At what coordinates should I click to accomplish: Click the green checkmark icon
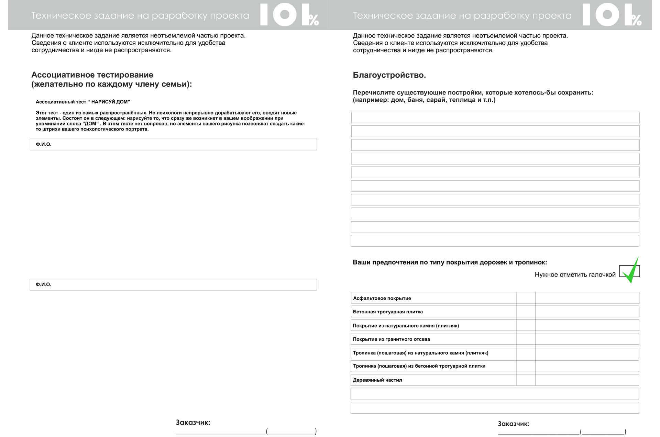(x=632, y=272)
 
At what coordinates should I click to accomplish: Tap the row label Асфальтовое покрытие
(x=382, y=298)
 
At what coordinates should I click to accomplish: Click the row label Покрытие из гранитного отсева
(x=391, y=339)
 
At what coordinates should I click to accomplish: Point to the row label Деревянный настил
(x=377, y=380)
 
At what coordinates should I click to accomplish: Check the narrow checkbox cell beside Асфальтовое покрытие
(x=526, y=298)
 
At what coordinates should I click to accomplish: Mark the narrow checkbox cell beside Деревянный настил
(x=526, y=380)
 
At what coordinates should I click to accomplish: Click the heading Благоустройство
(x=389, y=75)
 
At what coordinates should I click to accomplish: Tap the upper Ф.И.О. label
(x=44, y=144)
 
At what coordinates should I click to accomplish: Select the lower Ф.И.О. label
(x=44, y=284)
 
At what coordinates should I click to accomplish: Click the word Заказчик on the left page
(x=193, y=423)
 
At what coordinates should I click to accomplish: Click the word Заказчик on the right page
(x=514, y=424)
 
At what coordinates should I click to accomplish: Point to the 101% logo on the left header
(x=289, y=15)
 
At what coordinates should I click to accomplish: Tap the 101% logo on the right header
(x=612, y=15)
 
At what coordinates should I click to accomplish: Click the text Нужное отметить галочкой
(x=575, y=274)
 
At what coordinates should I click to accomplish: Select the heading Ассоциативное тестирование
(x=92, y=75)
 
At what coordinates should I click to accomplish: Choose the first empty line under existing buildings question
(x=495, y=117)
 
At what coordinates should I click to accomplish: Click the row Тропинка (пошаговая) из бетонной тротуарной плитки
(x=419, y=366)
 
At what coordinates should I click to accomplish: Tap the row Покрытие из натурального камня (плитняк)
(x=406, y=326)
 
